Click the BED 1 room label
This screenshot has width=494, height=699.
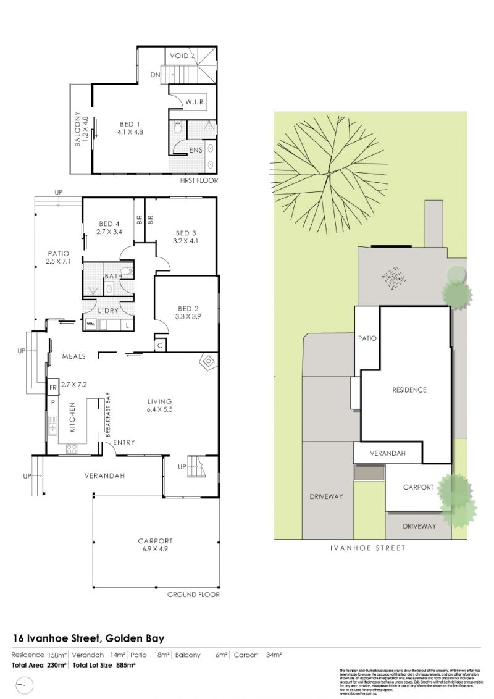tap(130, 124)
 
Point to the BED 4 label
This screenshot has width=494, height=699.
tap(109, 224)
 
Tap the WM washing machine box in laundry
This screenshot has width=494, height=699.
tap(91, 324)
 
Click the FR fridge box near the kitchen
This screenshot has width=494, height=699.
tap(53, 388)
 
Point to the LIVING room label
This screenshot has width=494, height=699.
tap(159, 401)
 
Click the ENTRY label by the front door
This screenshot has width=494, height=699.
tap(124, 442)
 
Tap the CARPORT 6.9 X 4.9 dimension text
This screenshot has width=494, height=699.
tap(155, 549)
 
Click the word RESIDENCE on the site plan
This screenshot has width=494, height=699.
tap(409, 390)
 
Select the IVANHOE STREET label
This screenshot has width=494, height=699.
tap(367, 547)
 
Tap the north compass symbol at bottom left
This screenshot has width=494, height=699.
tap(24, 684)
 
